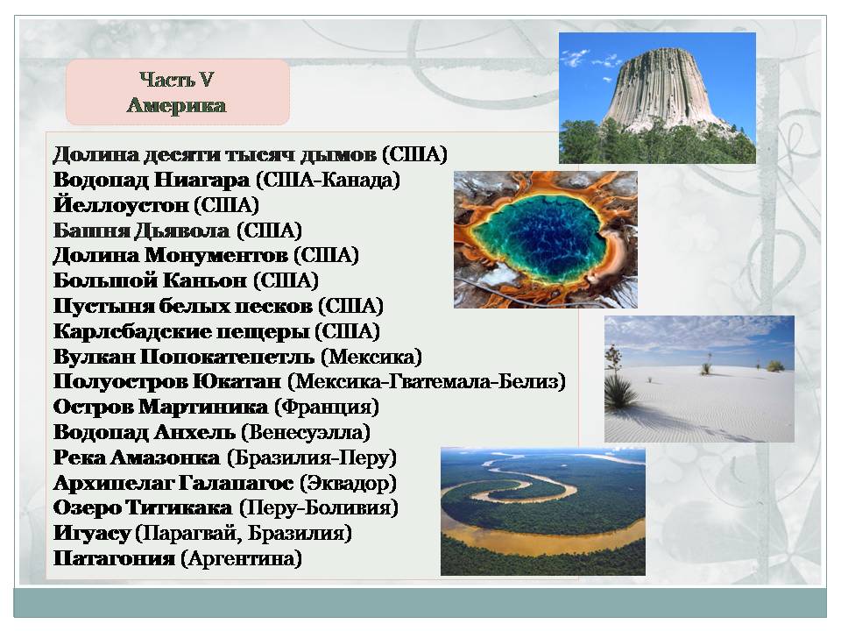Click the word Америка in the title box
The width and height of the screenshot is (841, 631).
176,105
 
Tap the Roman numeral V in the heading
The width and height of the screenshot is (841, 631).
207,80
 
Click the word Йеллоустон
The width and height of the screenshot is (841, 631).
121,205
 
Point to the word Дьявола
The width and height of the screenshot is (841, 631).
181,230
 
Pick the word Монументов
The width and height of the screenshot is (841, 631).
216,255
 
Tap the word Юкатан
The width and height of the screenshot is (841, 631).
237,382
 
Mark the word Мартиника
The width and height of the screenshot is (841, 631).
203,408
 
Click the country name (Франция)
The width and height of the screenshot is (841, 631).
327,408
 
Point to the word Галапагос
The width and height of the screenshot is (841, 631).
236,484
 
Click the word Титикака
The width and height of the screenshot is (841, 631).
179,507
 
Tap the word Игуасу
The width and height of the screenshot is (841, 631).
92,534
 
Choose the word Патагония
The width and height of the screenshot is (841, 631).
114,558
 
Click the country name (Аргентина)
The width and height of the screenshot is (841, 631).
242,558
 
